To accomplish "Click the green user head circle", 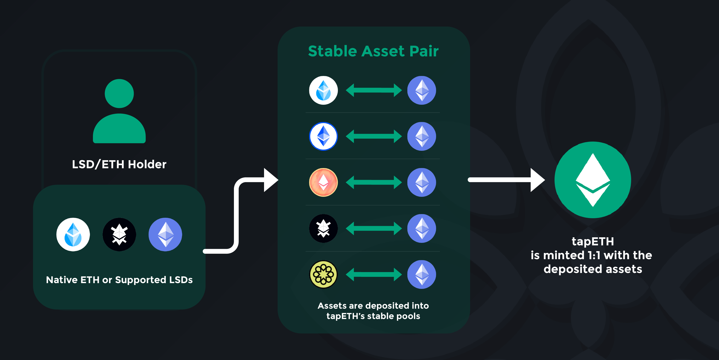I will click(x=119, y=93).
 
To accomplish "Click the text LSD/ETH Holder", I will click(x=119, y=164).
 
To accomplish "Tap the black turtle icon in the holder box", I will click(x=119, y=235).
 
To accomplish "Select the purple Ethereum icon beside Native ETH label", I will click(x=165, y=235).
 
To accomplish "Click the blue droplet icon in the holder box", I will click(x=73, y=235).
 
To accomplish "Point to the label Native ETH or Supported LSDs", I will click(x=119, y=280).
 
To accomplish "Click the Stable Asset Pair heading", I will click(x=373, y=51).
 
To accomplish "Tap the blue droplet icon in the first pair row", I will click(x=323, y=90).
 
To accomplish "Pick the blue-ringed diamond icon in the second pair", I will click(x=323, y=136).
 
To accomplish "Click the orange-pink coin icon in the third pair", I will click(x=323, y=182).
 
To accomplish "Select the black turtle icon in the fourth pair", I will click(x=323, y=229).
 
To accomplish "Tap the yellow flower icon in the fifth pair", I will click(x=323, y=275).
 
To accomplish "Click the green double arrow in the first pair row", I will click(x=374, y=90).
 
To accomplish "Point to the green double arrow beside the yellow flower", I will click(x=374, y=275).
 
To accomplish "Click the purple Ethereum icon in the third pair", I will click(x=421, y=182).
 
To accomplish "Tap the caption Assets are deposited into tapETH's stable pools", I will click(x=373, y=311).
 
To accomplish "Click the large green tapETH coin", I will click(x=592, y=180).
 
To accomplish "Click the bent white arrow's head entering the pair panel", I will click(x=270, y=180).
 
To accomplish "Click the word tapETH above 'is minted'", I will click(x=592, y=241).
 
